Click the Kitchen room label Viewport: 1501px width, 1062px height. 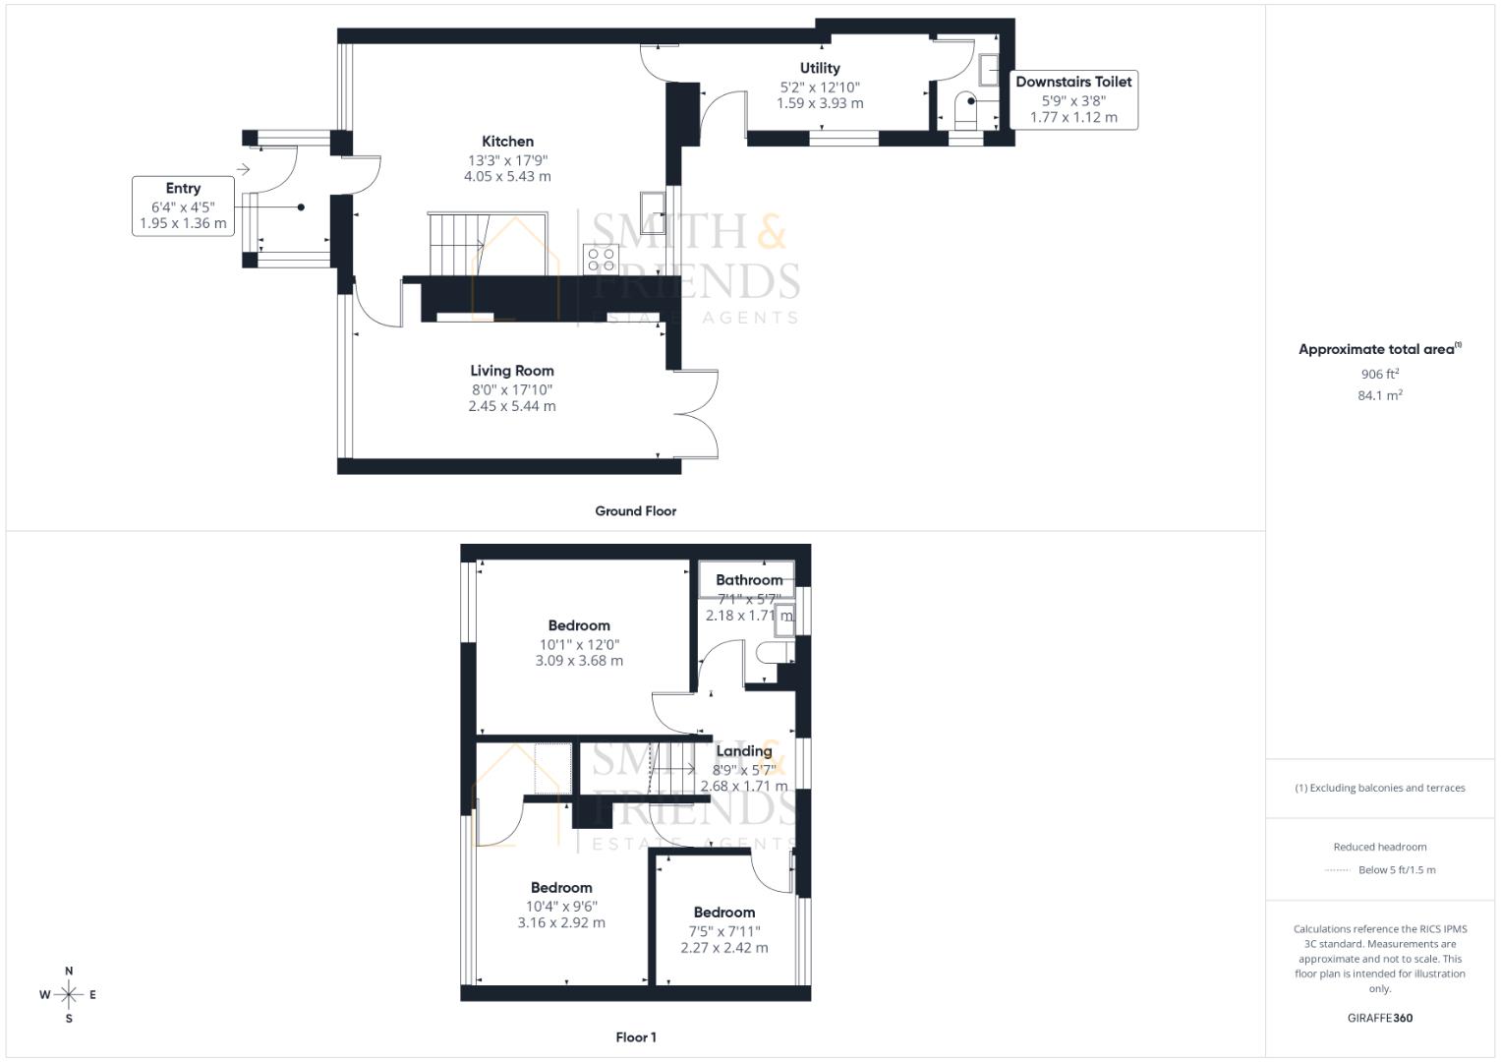(507, 142)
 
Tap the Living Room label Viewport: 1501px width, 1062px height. (511, 371)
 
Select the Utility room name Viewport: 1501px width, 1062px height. (820, 68)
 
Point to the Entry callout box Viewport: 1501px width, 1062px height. (184, 206)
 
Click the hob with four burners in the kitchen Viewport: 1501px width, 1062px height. (602, 260)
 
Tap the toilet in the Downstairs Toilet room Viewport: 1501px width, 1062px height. (965, 111)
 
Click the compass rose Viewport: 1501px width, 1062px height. (69, 994)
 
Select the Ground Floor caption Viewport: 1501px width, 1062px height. (635, 511)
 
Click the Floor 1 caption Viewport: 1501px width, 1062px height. (635, 1037)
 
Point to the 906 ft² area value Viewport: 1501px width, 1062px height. (1380, 374)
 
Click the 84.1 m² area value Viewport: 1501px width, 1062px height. (1380, 395)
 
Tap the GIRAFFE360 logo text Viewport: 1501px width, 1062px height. (1380, 1018)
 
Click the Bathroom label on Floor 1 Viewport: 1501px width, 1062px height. (749, 580)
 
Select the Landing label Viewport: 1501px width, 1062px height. (744, 751)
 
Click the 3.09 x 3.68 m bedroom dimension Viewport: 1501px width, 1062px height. (579, 661)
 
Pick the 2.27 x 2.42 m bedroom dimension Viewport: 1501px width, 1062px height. (724, 948)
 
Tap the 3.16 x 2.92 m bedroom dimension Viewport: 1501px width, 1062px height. (561, 922)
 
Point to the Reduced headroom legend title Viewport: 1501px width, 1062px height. (1380, 847)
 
